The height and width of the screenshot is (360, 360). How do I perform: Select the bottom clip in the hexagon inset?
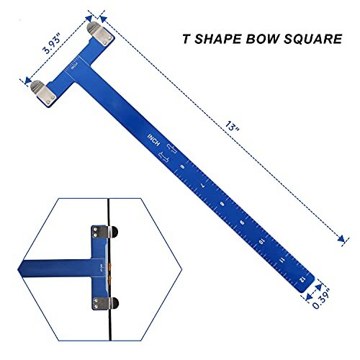coord(99,301)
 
